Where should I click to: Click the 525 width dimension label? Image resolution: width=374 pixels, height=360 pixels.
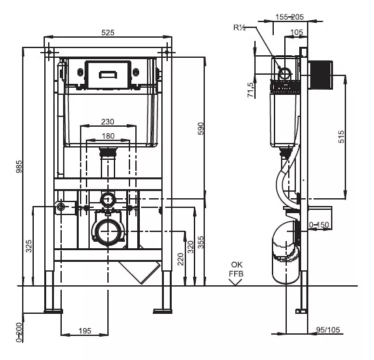(x=108, y=32)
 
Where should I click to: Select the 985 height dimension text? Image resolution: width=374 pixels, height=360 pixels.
(x=19, y=166)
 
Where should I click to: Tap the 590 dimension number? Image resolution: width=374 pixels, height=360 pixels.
(x=201, y=129)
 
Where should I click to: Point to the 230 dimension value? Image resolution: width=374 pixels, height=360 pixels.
(x=107, y=122)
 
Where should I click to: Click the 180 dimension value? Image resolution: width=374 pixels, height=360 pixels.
(x=108, y=136)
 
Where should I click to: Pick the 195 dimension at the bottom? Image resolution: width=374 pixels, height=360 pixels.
(x=85, y=331)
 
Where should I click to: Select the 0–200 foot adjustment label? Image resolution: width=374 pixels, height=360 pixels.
(x=19, y=332)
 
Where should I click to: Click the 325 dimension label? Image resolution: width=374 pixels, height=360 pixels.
(x=29, y=246)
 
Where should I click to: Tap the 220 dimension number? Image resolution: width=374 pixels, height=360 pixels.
(x=181, y=259)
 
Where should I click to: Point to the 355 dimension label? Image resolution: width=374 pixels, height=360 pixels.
(x=201, y=242)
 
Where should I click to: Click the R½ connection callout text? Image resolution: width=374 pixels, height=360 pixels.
(x=239, y=28)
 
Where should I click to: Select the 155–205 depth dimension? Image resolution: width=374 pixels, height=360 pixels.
(x=289, y=17)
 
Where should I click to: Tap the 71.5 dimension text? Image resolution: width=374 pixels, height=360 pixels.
(x=250, y=90)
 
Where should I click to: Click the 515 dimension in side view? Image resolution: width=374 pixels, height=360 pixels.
(x=341, y=136)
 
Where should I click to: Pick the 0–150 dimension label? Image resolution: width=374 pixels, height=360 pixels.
(x=319, y=224)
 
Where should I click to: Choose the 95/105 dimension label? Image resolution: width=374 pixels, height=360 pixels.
(x=328, y=329)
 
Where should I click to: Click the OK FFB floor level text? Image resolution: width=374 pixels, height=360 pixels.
(x=236, y=269)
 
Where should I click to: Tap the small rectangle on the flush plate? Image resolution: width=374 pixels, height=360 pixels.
(x=108, y=75)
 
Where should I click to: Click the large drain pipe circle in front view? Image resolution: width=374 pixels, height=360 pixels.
(x=108, y=231)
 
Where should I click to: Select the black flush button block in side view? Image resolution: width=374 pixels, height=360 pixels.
(x=321, y=75)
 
